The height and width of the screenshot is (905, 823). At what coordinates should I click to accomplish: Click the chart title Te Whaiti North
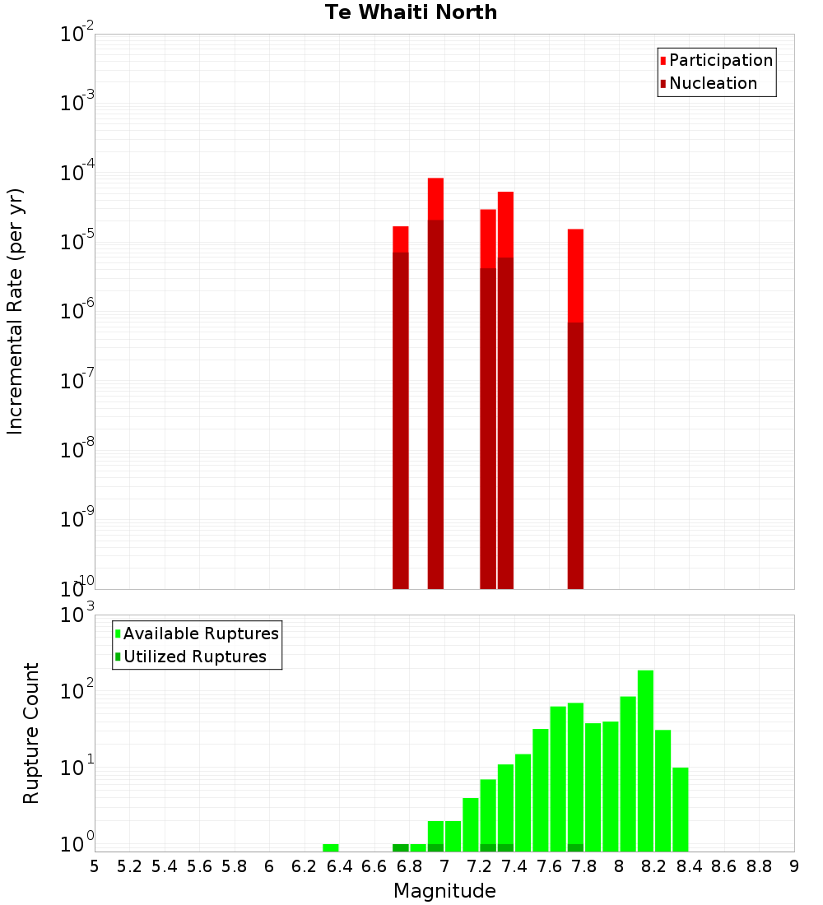coord(411,12)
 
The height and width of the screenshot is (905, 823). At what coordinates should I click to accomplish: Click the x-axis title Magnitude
coord(444,891)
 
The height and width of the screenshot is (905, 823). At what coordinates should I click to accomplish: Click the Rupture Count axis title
coord(30,733)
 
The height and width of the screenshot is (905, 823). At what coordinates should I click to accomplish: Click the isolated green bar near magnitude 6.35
coord(331,847)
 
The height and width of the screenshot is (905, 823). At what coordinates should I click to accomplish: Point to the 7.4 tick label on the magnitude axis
coord(514,866)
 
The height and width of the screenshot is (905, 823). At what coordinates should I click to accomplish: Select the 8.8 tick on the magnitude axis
coord(759,866)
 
